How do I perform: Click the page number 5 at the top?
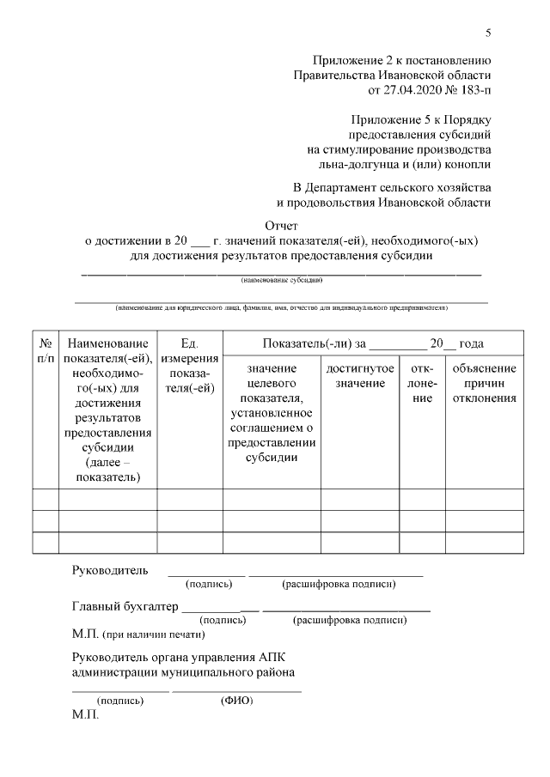(488, 33)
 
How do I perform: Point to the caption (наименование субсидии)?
(281, 280)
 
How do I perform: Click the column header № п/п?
(45, 350)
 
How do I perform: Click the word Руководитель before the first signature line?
(110, 570)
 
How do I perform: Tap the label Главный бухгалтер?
(125, 606)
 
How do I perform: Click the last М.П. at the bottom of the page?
(86, 714)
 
